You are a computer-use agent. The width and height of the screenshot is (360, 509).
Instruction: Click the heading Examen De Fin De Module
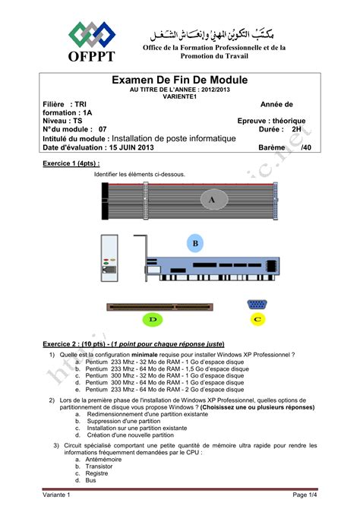pyautogui.click(x=180, y=80)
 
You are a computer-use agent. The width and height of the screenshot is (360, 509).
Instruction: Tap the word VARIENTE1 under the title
pyautogui.click(x=180, y=96)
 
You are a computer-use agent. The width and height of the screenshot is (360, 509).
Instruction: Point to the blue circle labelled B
pyautogui.click(x=195, y=243)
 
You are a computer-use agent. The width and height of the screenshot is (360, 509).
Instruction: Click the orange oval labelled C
pyautogui.click(x=258, y=320)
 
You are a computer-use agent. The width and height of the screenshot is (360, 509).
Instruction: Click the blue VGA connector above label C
pyautogui.click(x=257, y=305)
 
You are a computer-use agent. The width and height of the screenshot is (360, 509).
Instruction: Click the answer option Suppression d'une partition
pyautogui.click(x=124, y=420)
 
